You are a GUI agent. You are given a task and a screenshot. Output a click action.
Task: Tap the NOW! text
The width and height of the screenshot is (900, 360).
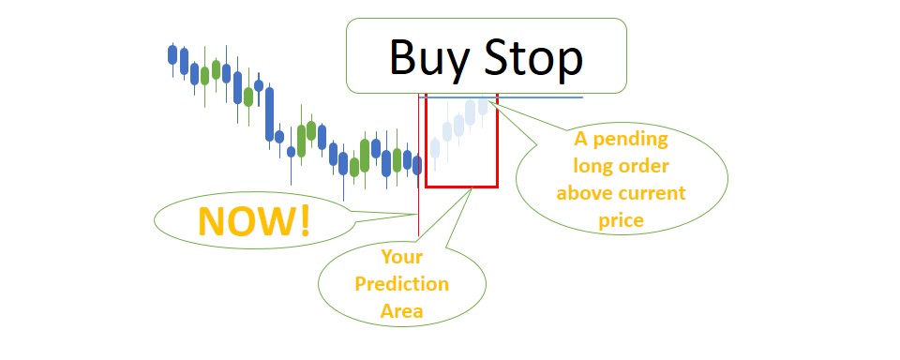pos(253,221)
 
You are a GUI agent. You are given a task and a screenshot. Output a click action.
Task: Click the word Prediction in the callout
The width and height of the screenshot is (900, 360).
pos(402,283)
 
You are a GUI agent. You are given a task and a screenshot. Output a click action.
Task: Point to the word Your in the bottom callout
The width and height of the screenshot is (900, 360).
pos(401,256)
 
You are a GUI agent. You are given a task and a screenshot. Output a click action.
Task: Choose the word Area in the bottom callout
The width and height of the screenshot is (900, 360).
pos(401,310)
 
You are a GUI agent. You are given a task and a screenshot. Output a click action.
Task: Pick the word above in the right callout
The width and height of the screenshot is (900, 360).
pos(585,194)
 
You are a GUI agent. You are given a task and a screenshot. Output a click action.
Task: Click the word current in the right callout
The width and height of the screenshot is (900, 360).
pos(655,194)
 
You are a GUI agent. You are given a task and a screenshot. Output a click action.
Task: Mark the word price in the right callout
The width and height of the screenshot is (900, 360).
pos(621,221)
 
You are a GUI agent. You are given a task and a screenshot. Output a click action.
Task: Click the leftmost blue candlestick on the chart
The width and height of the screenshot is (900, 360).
pos(172,55)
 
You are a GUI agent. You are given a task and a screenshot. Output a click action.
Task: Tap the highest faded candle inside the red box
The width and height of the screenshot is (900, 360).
pos(483,105)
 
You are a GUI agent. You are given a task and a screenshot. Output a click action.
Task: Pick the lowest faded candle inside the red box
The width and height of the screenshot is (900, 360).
pos(436,147)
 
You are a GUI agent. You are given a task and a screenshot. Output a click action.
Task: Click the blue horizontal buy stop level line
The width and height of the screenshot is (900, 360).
pos(544,97)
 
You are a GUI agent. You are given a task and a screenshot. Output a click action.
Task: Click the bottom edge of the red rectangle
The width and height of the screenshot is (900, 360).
pos(460,187)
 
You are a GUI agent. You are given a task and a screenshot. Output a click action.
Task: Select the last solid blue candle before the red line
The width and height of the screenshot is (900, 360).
pos(417,165)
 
